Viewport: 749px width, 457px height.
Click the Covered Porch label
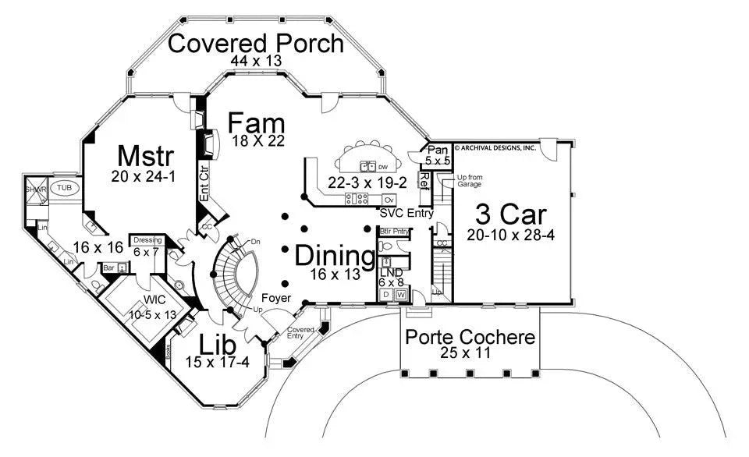pyautogui.click(x=256, y=43)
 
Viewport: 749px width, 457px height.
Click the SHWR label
pyautogui.click(x=35, y=190)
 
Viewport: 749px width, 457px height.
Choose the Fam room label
pyautogui.click(x=256, y=123)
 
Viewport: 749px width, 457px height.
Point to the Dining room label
pyautogui.click(x=334, y=255)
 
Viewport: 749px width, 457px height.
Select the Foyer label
pyautogui.click(x=276, y=298)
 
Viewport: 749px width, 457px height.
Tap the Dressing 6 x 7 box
pyautogui.click(x=147, y=246)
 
